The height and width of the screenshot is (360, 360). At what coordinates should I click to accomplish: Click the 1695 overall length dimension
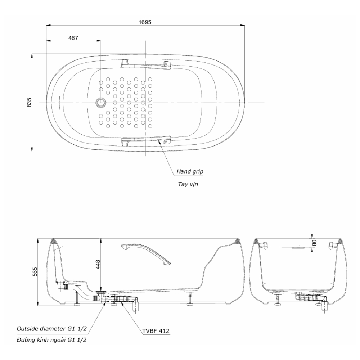pos(145,22)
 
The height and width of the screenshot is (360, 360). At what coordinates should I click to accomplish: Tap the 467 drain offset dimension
pos(73,38)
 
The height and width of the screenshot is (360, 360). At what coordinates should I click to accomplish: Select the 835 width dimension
pos(29,102)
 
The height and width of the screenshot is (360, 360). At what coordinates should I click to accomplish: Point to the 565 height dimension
pos(35,272)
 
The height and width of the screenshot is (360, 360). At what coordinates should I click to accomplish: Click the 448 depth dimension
pos(98,265)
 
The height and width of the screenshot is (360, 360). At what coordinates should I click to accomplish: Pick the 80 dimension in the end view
pos(315,243)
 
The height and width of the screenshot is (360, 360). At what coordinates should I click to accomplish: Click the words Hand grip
pos(190,171)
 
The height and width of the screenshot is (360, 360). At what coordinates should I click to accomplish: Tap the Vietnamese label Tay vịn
pos(188,184)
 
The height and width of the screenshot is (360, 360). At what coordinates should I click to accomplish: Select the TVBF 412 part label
pos(156,331)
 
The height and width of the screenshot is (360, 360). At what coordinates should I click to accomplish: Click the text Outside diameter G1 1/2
pos(51,329)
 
